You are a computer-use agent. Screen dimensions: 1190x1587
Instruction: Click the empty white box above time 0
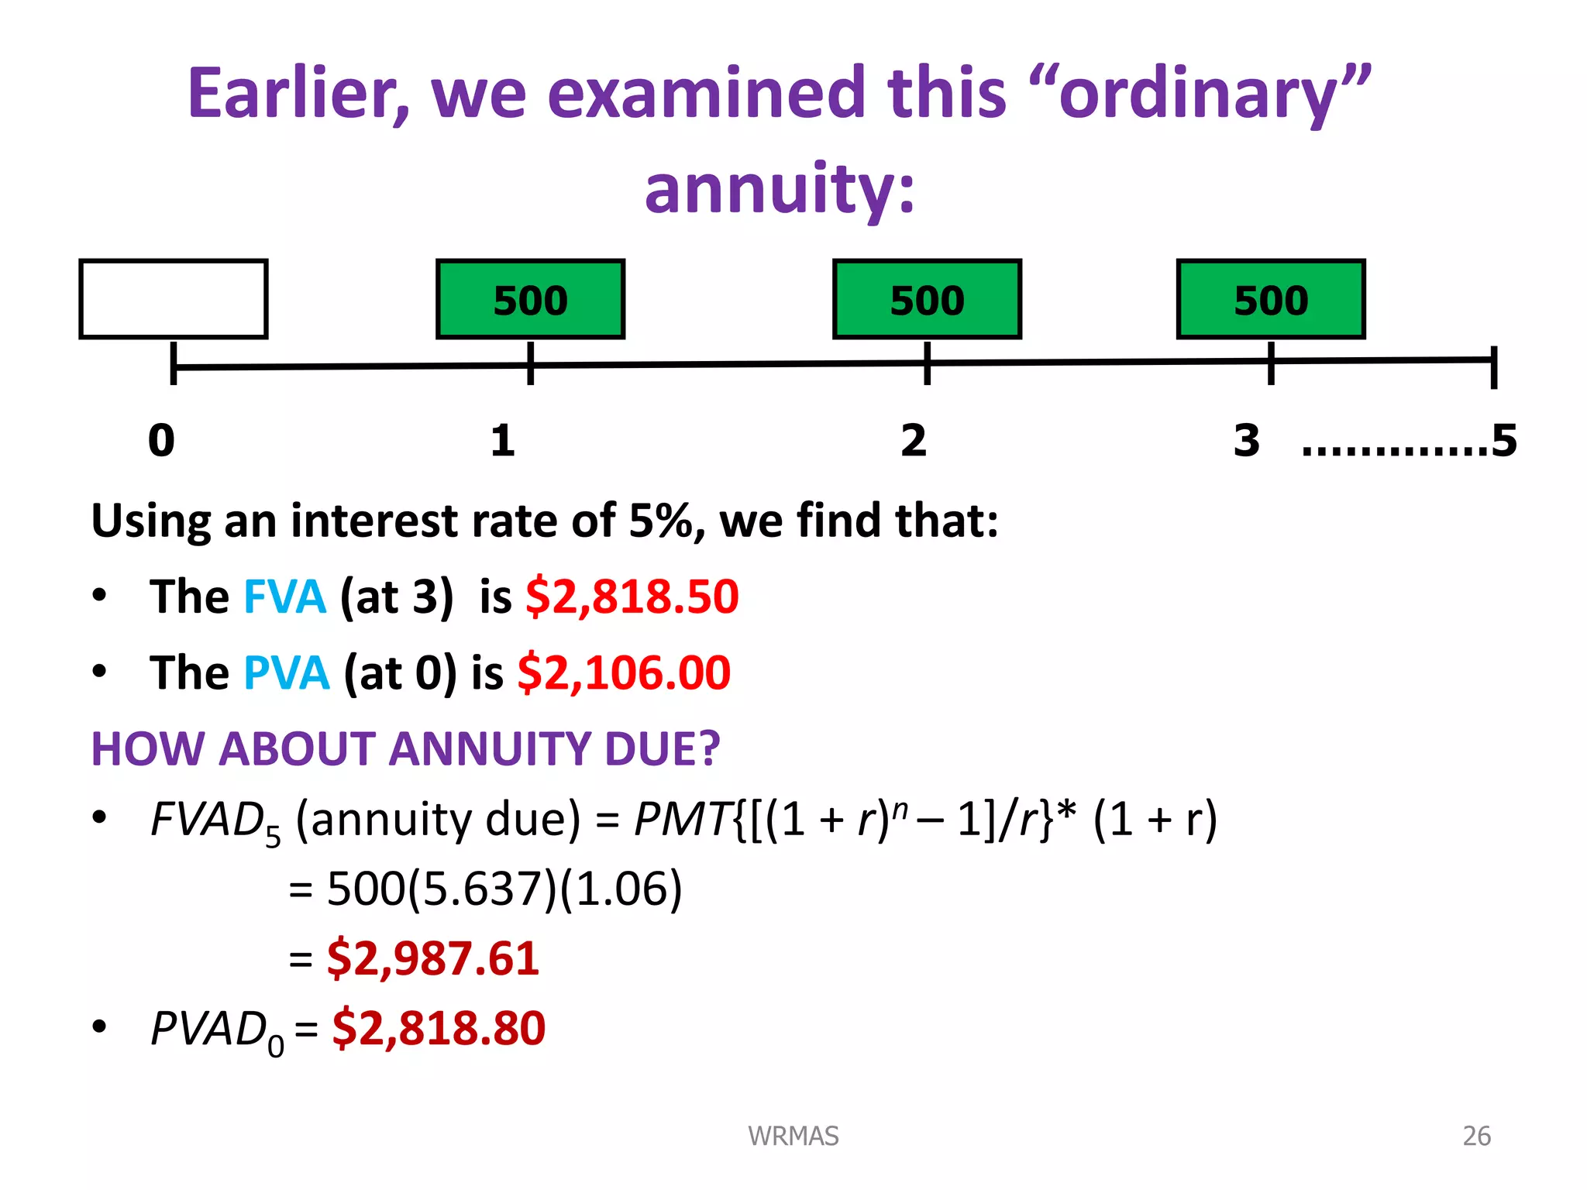click(x=174, y=299)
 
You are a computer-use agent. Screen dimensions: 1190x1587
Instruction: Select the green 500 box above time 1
click(x=531, y=299)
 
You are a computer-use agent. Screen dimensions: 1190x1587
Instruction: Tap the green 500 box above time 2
click(x=927, y=299)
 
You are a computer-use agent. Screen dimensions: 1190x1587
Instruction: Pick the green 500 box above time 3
click(x=1271, y=299)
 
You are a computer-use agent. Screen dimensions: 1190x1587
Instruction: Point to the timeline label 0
click(x=162, y=440)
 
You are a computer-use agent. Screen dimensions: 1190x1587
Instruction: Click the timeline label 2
click(x=914, y=440)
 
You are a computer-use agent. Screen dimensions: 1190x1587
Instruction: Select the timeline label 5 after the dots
click(x=1504, y=440)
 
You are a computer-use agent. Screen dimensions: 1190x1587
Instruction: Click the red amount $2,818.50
click(x=632, y=597)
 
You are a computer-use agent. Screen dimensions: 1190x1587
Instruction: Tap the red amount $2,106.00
click(x=624, y=672)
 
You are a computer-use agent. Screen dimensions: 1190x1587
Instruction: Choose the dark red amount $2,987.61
click(x=433, y=958)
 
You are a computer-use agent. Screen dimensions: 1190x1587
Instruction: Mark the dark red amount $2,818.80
click(x=439, y=1028)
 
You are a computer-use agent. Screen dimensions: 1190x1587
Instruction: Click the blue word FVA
click(x=284, y=597)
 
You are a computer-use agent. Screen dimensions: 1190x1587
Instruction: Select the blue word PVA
click(x=286, y=672)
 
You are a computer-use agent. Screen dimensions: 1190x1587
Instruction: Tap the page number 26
click(x=1476, y=1136)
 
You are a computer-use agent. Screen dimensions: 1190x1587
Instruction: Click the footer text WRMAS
click(x=793, y=1136)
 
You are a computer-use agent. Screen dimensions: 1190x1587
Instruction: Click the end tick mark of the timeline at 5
click(x=1494, y=366)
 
